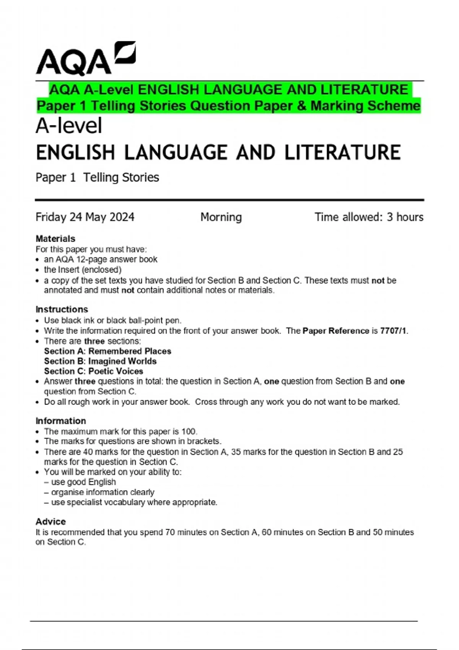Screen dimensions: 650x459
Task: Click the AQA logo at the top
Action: coord(86,59)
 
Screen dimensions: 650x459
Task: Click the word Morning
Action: coord(221,217)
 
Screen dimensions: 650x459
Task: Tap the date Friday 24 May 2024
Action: coord(85,217)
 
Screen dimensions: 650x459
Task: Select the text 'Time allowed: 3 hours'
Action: coord(369,217)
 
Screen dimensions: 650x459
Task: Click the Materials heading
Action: coord(55,239)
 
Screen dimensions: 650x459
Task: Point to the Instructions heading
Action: coord(62,309)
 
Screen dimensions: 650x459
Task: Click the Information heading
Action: coord(61,421)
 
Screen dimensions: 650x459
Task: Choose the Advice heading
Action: coord(50,522)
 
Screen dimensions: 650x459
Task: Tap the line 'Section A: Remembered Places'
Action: coord(107,351)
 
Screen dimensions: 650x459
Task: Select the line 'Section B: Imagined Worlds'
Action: coord(100,361)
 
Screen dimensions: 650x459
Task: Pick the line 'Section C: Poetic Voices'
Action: coord(93,371)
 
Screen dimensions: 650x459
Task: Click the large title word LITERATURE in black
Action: coord(342,153)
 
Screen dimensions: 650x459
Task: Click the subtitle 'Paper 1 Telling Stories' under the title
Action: coord(97,177)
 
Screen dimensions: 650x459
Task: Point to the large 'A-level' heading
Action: coord(69,126)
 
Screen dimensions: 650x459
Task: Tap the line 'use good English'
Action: coord(83,482)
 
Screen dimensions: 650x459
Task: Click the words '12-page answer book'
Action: coord(117,259)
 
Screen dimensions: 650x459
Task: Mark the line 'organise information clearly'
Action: coord(103,492)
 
